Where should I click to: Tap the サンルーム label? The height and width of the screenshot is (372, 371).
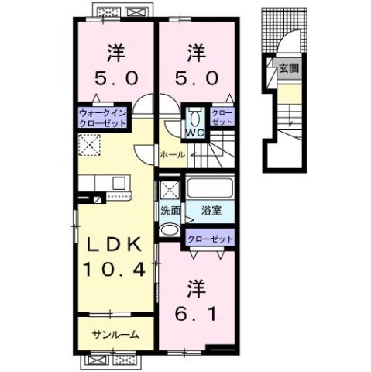[x=115, y=335]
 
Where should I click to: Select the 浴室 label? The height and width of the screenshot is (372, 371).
[x=211, y=210]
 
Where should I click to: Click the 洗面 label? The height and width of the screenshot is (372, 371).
[x=170, y=210]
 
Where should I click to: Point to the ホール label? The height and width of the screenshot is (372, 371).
[x=172, y=155]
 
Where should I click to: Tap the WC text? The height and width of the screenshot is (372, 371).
[x=194, y=132]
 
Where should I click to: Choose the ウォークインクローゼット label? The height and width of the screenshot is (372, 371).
[x=101, y=119]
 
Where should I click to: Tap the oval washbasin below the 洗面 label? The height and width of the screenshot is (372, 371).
[x=168, y=229]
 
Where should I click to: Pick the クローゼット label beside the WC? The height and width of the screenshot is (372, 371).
[x=222, y=117]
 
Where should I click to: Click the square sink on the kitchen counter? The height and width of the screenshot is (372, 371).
[x=119, y=183]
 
